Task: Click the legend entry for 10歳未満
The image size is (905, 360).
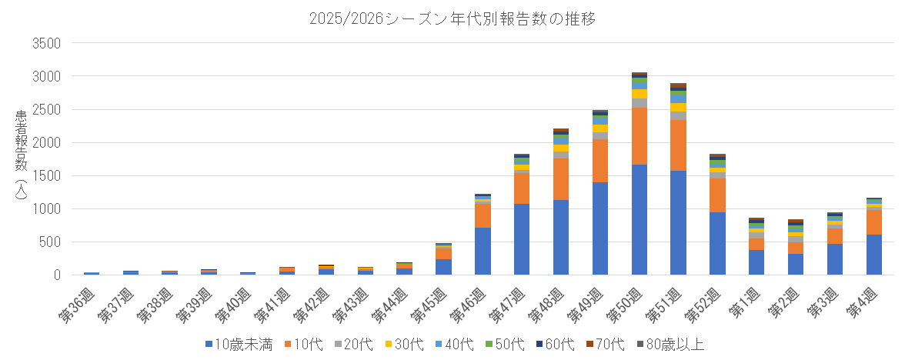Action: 239,345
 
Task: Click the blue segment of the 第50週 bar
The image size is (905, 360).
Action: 640,219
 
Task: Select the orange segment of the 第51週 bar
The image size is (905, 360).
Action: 679,145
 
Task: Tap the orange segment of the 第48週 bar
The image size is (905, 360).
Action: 561,178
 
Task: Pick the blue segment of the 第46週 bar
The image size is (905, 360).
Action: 483,251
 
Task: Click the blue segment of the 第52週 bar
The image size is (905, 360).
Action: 718,243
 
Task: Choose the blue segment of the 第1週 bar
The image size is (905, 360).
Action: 757,262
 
